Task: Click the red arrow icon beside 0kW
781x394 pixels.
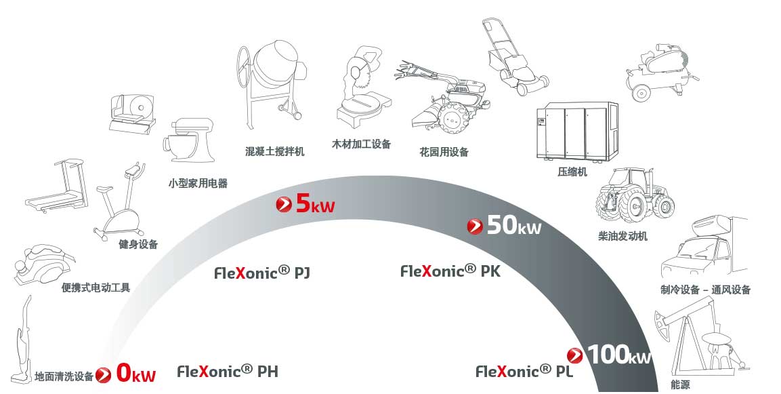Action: (104, 374)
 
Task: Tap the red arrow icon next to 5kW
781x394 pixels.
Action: (284, 203)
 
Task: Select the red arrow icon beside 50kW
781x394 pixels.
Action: (476, 226)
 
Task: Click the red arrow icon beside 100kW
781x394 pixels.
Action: (575, 355)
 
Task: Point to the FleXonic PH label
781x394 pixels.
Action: (228, 371)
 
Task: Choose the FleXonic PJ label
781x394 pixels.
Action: (262, 273)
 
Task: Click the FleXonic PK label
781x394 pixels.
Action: (450, 271)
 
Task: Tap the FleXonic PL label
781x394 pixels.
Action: (524, 371)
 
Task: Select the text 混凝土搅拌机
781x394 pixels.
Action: (274, 151)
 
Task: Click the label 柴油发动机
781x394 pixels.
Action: (622, 236)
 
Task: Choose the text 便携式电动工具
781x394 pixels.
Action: (96, 288)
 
